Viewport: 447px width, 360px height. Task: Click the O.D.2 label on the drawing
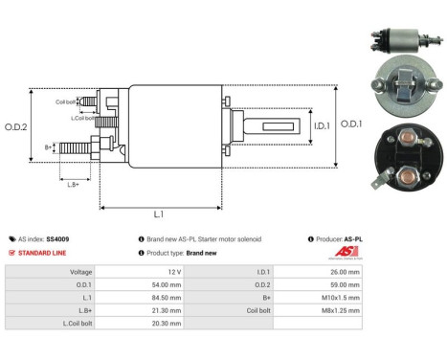tap(16, 126)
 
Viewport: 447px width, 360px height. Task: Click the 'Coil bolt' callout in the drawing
tap(66, 101)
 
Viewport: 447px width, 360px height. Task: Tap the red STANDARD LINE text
tap(45, 253)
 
